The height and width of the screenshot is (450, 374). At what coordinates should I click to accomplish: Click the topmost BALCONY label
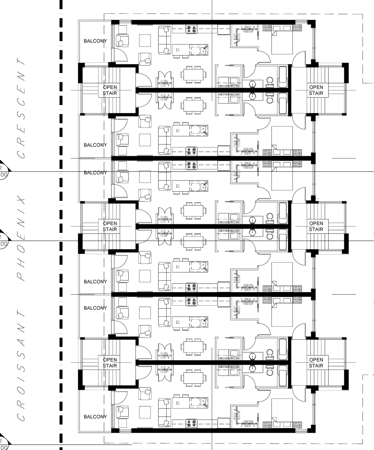click(95, 41)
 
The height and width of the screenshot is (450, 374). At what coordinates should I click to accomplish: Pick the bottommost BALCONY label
click(95, 417)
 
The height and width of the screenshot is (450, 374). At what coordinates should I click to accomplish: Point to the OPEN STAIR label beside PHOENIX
click(110, 226)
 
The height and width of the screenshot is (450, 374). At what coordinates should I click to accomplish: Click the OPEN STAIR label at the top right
click(316, 90)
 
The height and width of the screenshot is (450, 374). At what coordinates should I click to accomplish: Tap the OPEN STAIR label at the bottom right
click(316, 363)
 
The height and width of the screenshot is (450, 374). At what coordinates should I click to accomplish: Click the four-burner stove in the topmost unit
click(192, 29)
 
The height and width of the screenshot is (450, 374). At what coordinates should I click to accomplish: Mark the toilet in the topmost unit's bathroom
click(270, 82)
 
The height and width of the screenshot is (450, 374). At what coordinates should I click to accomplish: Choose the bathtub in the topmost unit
click(283, 77)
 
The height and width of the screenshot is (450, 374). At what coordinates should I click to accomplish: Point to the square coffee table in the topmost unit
click(145, 40)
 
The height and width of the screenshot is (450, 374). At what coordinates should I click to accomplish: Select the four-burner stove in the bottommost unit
click(192, 422)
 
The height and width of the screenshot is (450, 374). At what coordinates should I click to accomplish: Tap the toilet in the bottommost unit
click(270, 371)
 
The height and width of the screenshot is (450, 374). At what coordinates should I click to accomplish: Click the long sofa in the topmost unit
click(165, 40)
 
